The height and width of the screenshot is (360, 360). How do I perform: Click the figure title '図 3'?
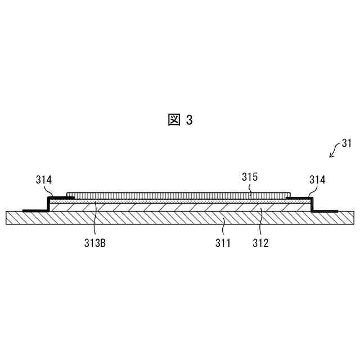point(180,120)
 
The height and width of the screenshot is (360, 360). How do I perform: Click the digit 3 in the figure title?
point(189,120)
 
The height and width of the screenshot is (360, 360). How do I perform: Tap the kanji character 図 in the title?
point(173,120)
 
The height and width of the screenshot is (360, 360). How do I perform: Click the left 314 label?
point(44,180)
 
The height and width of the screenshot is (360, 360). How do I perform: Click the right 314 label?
point(317,180)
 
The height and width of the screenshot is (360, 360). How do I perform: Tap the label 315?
point(250,177)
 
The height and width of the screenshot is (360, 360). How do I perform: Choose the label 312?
point(260,244)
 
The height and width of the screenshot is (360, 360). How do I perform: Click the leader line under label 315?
point(251,190)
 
